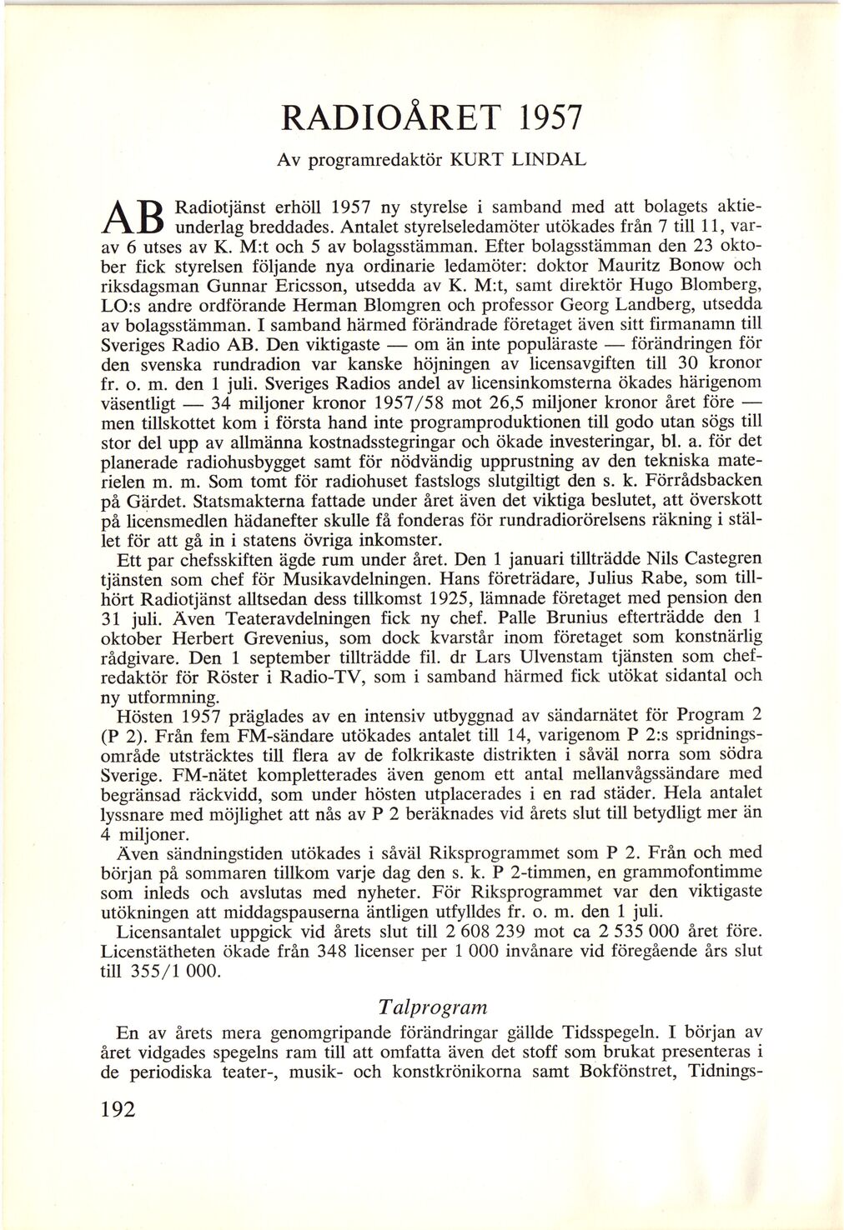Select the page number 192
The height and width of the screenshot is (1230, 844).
click(x=117, y=1108)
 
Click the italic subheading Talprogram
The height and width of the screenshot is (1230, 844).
click(x=431, y=1006)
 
